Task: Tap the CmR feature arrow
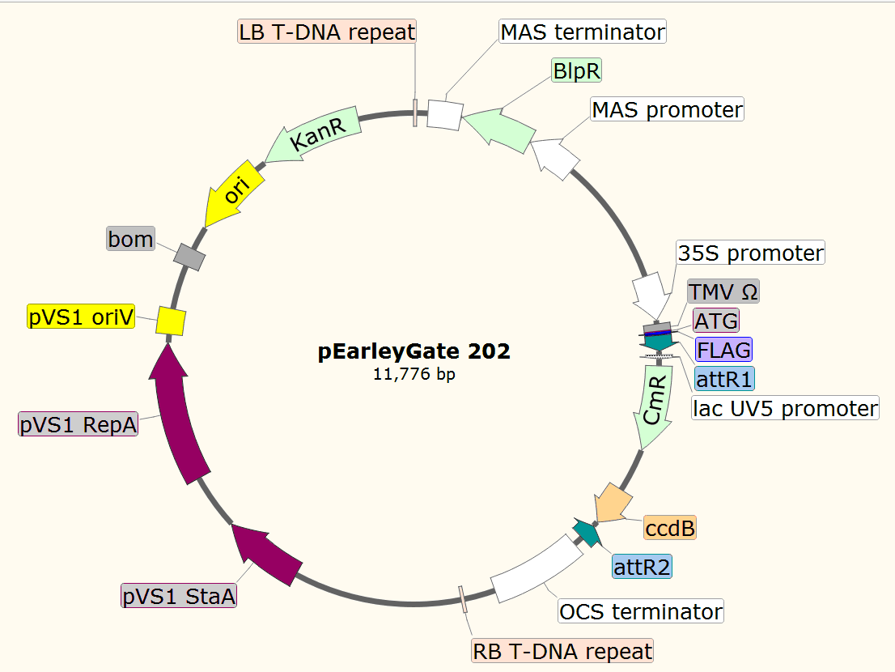(655, 409)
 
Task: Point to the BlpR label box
(576, 70)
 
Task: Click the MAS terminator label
(583, 32)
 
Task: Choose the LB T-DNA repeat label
(327, 32)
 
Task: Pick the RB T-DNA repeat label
(562, 651)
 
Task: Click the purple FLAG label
(723, 350)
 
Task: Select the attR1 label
(724, 378)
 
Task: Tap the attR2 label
(642, 566)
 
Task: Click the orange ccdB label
(670, 529)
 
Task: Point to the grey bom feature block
(189, 257)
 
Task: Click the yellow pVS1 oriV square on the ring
(172, 321)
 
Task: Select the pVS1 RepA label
(78, 424)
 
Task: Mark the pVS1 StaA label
(179, 597)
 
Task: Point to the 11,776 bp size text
(414, 374)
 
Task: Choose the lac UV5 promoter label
(785, 407)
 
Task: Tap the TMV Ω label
(723, 291)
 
